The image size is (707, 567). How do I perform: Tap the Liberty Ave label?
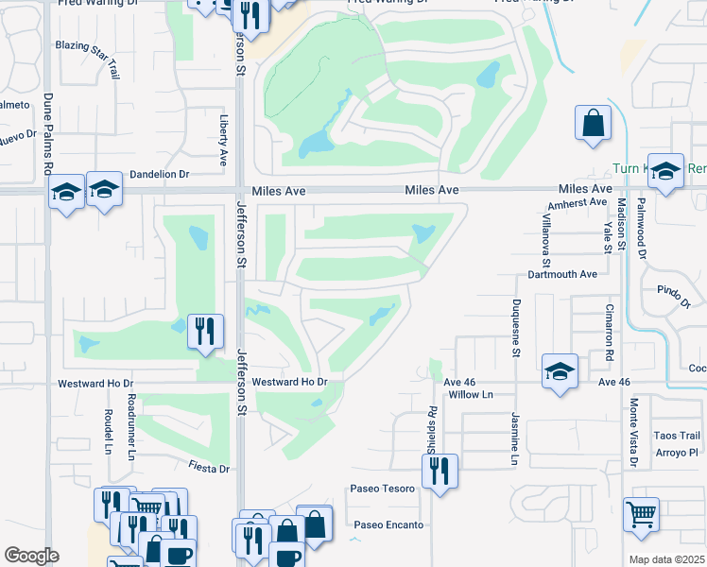tap(224, 136)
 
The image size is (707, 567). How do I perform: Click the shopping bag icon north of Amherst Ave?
tap(593, 124)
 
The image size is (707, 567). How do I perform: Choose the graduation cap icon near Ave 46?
tap(560, 371)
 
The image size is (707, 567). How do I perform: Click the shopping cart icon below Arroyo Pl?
tap(642, 514)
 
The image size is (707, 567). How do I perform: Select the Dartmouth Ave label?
tap(562, 274)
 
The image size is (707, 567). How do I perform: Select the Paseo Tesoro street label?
tap(383, 489)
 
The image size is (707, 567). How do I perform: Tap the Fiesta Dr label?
tap(209, 468)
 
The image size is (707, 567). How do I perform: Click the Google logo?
tap(32, 556)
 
